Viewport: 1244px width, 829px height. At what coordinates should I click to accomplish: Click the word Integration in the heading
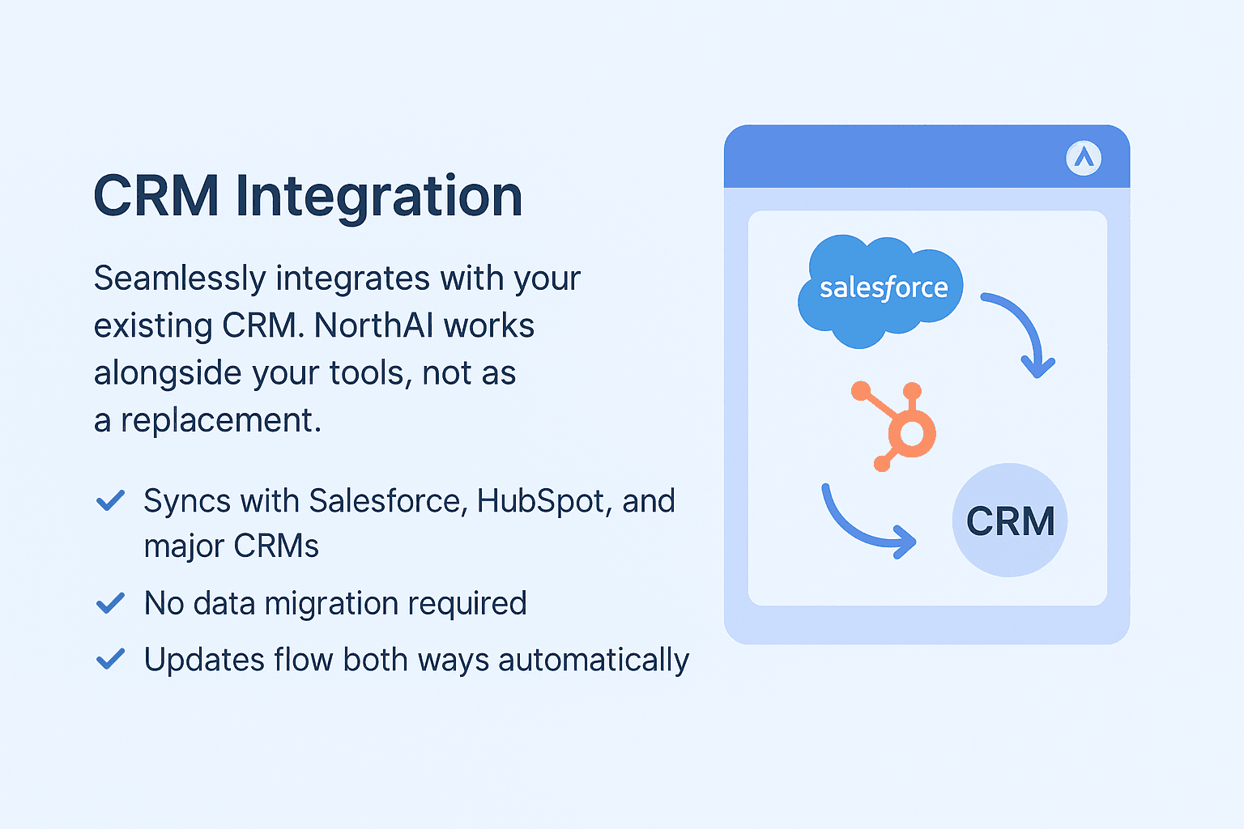click(379, 197)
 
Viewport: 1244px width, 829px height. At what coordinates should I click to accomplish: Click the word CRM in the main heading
click(156, 197)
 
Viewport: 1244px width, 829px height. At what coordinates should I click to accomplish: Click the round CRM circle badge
click(1010, 521)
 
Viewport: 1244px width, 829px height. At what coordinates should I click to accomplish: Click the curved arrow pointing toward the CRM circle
click(863, 526)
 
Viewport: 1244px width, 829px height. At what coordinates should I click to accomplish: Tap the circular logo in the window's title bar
click(1084, 157)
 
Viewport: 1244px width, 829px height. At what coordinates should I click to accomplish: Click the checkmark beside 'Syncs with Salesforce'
click(110, 500)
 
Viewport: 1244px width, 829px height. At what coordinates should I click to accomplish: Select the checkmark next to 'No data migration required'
click(110, 603)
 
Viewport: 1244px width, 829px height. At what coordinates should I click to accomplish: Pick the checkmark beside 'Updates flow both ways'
click(110, 659)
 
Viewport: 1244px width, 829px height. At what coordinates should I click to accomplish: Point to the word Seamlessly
click(180, 278)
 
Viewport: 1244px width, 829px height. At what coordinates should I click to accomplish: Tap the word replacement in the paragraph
click(220, 420)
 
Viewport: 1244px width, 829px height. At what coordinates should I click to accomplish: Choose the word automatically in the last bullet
click(594, 660)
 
